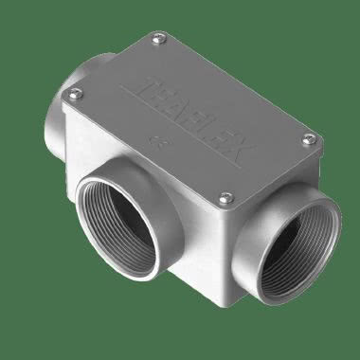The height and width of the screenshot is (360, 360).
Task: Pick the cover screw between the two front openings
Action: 225,198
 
